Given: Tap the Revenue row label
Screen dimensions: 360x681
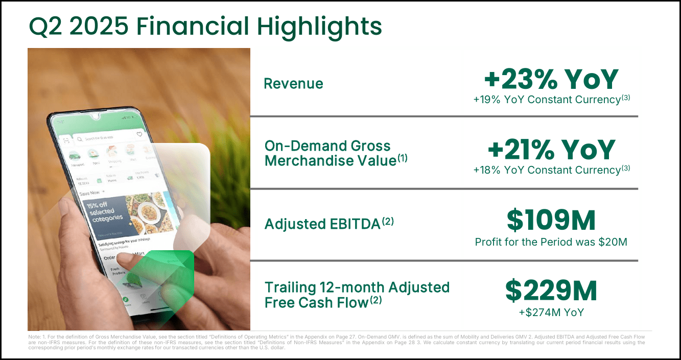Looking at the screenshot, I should click(x=293, y=84).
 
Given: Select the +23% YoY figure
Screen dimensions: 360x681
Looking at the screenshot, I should click(x=551, y=80).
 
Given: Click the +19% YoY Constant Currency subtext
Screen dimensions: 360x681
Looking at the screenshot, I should click(x=551, y=100).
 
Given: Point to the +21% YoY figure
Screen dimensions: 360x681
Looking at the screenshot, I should click(x=551, y=150).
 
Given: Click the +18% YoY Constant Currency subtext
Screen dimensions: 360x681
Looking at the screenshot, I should click(x=551, y=170).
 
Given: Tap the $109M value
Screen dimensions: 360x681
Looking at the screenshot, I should click(x=551, y=221).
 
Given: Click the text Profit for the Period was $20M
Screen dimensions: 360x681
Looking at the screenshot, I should click(x=551, y=242).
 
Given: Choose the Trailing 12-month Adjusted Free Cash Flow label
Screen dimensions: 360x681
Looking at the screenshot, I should click(x=357, y=294).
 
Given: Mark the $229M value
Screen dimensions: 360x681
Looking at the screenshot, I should click(x=551, y=291).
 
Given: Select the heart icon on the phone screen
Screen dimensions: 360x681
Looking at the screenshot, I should click(x=139, y=135).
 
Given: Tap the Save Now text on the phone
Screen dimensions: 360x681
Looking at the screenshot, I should click(x=90, y=193).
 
